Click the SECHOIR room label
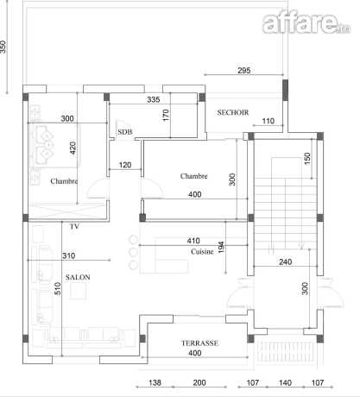[233, 112]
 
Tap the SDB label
[125, 132]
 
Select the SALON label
[78, 277]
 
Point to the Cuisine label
[202, 252]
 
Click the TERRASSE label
[199, 343]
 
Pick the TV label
[74, 226]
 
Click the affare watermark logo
[306, 23]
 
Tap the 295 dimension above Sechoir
[244, 70]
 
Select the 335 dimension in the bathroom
[154, 99]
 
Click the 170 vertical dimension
[166, 115]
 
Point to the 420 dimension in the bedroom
[73, 148]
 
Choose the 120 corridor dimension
[125, 165]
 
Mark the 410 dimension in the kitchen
[193, 241]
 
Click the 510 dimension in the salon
[58, 288]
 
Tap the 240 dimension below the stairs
[286, 262]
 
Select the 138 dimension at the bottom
[155, 382]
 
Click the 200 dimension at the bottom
[199, 382]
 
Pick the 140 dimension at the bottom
[285, 382]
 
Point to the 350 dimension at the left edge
[3, 47]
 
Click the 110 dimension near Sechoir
[268, 121]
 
